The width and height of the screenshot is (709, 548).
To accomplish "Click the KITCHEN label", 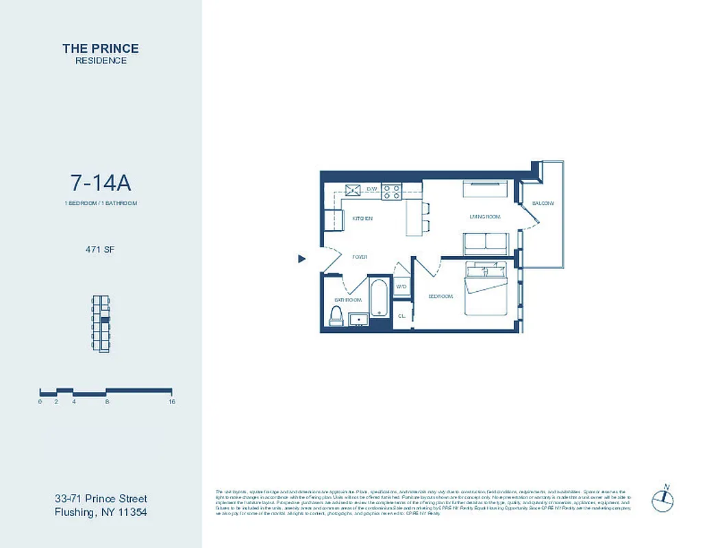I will pyautogui.click(x=362, y=219).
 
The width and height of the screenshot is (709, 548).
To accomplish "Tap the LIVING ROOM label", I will pyautogui.click(x=484, y=216).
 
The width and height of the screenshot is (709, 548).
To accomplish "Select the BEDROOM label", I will pyautogui.click(x=440, y=297).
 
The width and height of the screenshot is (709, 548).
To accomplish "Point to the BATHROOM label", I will pyautogui.click(x=347, y=300).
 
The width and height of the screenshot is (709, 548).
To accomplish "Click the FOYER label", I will pyautogui.click(x=360, y=258).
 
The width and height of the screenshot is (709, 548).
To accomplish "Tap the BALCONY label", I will pyautogui.click(x=543, y=203).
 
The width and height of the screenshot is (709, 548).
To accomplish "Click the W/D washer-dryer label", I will pyautogui.click(x=401, y=286).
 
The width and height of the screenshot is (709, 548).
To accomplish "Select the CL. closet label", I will pyautogui.click(x=401, y=316).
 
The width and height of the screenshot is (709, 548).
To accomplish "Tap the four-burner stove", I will pyautogui.click(x=392, y=191).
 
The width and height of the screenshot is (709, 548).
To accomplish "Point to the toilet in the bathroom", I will pyautogui.click(x=336, y=314).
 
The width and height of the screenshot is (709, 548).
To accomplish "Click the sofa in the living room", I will pyautogui.click(x=486, y=243).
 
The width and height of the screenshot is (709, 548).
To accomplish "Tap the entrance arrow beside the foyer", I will pyautogui.click(x=301, y=258).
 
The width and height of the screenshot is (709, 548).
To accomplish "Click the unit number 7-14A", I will pyautogui.click(x=101, y=183).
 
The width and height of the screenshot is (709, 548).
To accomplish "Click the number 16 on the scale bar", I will pyautogui.click(x=171, y=402).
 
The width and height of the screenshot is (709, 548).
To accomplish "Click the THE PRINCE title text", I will pyautogui.click(x=101, y=48).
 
